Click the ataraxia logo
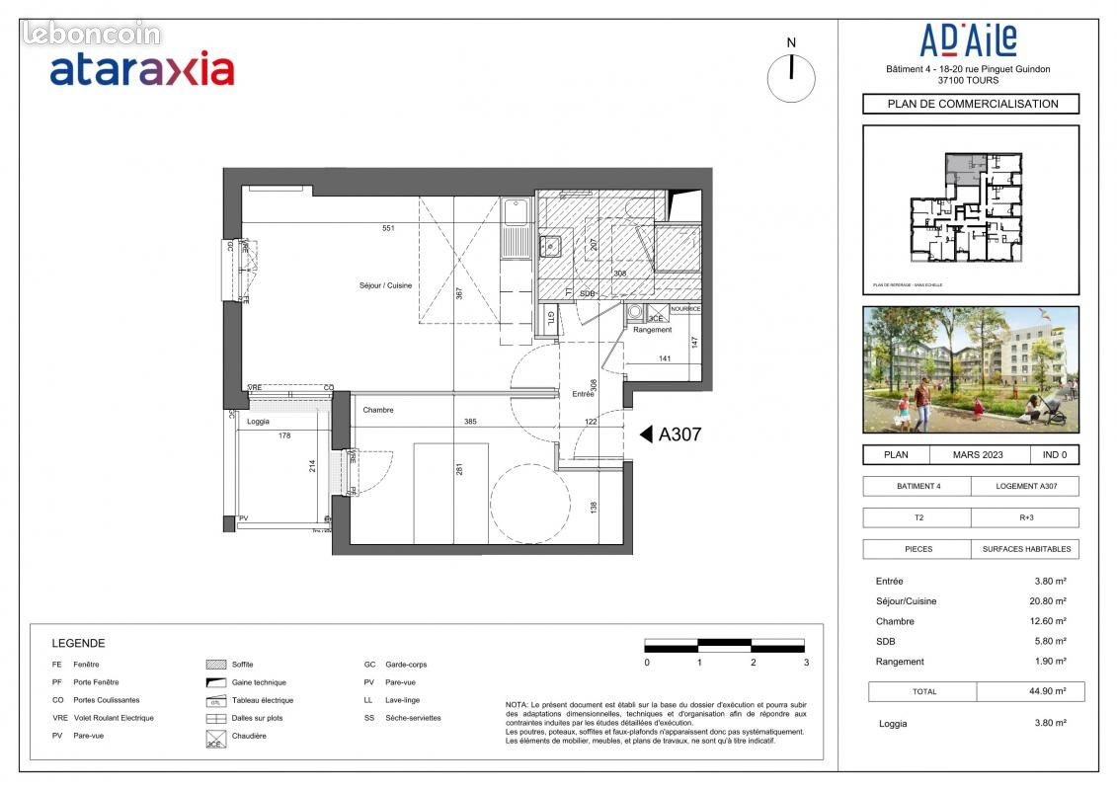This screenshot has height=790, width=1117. [x=141, y=69]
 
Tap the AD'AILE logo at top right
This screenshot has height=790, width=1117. [x=968, y=41]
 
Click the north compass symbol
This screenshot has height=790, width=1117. [x=791, y=77]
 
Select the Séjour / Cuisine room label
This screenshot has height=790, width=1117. [x=385, y=285]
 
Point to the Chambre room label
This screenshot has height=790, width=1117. [x=377, y=410]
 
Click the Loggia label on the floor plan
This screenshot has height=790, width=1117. [x=257, y=422]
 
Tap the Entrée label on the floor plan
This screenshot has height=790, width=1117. [x=584, y=394]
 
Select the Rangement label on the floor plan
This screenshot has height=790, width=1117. [x=652, y=330]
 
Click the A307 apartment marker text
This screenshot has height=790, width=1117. [x=679, y=434]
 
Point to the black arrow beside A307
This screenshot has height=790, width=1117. [x=646, y=434]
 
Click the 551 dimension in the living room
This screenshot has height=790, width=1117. [x=389, y=228]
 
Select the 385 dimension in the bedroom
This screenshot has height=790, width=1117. [x=470, y=422]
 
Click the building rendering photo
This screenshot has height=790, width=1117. [x=971, y=369]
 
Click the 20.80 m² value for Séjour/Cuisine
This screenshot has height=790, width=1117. [x=1047, y=601]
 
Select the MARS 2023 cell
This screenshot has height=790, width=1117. [x=978, y=455]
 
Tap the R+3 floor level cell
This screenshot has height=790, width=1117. [x=1024, y=517]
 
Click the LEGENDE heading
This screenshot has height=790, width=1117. [x=78, y=643]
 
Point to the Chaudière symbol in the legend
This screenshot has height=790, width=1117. [x=214, y=737]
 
